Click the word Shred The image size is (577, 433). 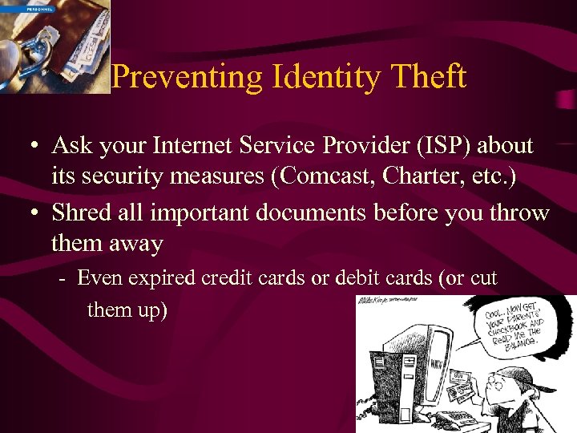click(81, 212)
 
